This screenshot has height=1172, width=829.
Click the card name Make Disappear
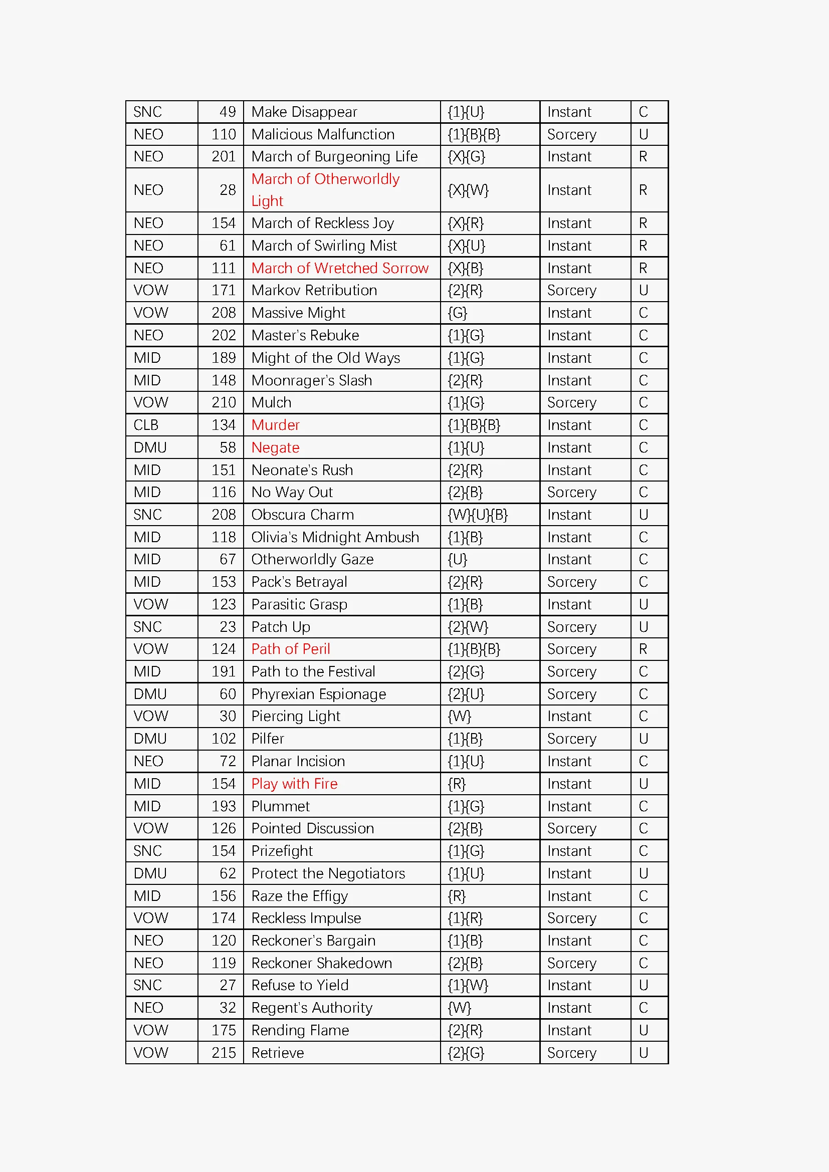coord(304,112)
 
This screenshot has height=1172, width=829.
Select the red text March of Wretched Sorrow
coord(339,268)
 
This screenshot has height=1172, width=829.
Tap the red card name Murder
coord(275,425)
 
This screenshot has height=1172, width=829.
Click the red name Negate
coord(275,447)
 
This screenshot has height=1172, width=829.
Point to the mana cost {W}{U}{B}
coord(477,515)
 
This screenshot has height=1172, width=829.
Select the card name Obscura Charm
coord(302,515)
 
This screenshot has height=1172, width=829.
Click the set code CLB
coord(146,425)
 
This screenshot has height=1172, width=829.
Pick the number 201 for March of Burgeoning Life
coord(224,157)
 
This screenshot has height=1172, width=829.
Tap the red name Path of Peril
coord(291,649)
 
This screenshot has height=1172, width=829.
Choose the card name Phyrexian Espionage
coord(319,694)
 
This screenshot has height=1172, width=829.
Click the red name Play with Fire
coord(294,784)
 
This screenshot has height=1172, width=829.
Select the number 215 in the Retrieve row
coord(224,1053)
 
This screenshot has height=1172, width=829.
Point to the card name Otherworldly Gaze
coord(312,560)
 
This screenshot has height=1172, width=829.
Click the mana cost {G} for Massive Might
coord(458,313)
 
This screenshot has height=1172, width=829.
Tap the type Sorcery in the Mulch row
coord(571,403)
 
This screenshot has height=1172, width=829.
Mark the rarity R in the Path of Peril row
coord(643,649)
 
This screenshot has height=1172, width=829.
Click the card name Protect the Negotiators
coord(328,874)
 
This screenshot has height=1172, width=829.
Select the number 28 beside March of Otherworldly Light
coord(228,190)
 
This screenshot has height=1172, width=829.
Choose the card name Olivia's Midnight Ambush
coord(335,538)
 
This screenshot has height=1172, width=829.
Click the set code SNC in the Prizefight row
coord(147,851)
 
